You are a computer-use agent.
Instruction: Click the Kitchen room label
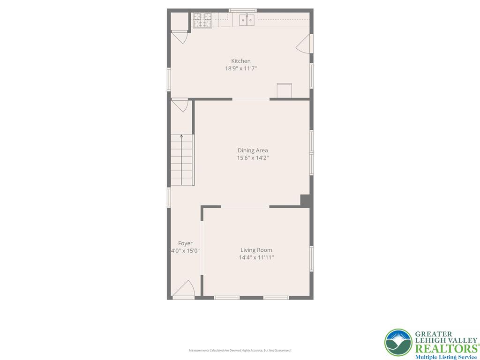click(x=240, y=61)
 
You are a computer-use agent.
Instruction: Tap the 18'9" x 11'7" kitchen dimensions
click(x=240, y=68)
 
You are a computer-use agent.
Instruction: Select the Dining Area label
click(x=253, y=150)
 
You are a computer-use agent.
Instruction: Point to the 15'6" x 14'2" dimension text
click(x=253, y=158)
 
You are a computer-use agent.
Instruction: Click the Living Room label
click(x=256, y=250)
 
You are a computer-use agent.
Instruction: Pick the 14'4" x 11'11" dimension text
click(x=256, y=257)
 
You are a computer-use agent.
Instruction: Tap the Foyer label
click(x=185, y=243)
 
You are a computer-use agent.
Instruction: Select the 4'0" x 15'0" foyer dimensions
click(x=185, y=251)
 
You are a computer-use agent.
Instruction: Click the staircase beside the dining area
click(x=181, y=160)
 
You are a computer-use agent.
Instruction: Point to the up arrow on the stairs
click(x=181, y=137)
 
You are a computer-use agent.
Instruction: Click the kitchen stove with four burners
click(x=203, y=20)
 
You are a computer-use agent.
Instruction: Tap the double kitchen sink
click(x=247, y=20)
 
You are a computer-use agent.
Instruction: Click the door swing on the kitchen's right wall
click(x=304, y=44)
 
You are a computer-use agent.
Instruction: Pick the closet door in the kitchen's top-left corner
click(x=180, y=37)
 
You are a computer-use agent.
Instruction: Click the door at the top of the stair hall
click(x=180, y=105)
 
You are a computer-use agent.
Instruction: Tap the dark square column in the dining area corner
click(x=305, y=200)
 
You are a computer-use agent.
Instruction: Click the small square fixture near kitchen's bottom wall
click(x=284, y=90)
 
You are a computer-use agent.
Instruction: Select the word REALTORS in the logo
click(x=445, y=348)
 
